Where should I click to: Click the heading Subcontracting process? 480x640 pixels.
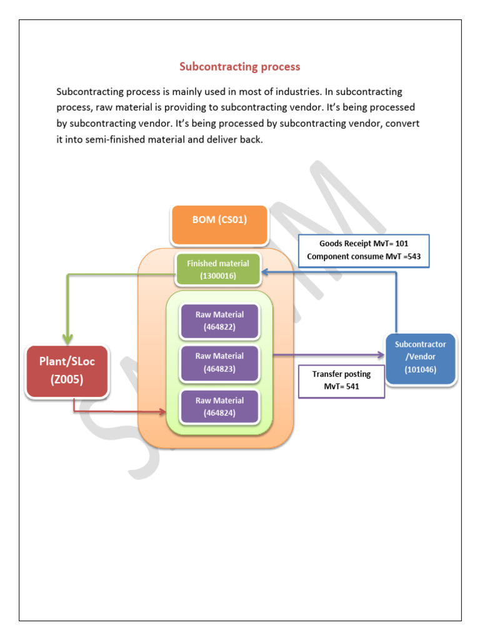tap(240, 66)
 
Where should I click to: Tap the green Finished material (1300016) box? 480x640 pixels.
tap(217, 269)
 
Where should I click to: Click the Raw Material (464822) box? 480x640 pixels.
tap(219, 321)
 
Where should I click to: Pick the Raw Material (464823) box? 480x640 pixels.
tap(219, 362)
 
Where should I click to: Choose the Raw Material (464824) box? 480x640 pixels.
tap(219, 406)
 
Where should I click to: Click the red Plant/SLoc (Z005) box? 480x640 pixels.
tap(67, 371)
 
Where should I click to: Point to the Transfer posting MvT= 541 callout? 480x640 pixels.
tap(342, 381)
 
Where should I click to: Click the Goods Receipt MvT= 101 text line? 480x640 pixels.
tap(363, 244)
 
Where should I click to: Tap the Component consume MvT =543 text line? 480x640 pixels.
tap(363, 256)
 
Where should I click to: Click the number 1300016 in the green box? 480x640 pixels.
tap(217, 275)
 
